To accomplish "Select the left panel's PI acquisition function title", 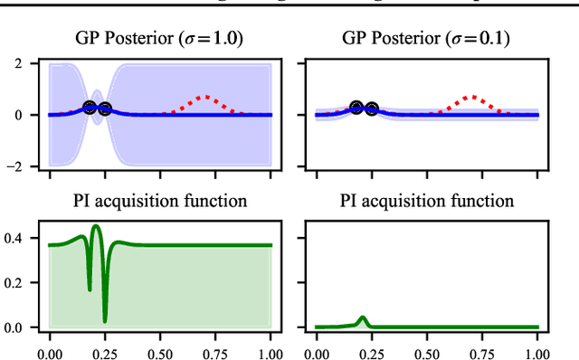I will point(160,201).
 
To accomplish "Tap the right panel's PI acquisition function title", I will point(426,201).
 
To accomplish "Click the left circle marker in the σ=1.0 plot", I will point(90,107).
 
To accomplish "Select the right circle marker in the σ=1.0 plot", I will point(104,109).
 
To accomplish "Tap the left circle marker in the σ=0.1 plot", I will point(356,107).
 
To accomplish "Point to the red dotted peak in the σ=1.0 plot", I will point(204,96).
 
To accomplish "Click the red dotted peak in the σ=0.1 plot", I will point(470,96).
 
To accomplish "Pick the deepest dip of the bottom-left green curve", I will point(105,321).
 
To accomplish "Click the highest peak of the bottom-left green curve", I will point(96,226).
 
